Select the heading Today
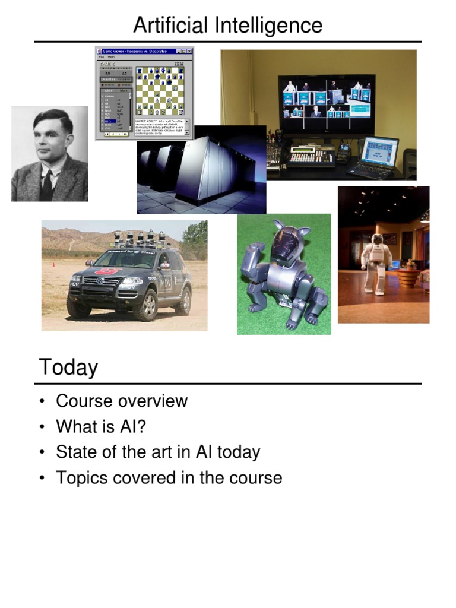click(x=68, y=368)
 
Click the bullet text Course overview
click(x=122, y=401)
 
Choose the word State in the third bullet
click(x=74, y=452)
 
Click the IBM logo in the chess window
click(x=178, y=64)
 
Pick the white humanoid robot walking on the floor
click(x=375, y=262)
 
